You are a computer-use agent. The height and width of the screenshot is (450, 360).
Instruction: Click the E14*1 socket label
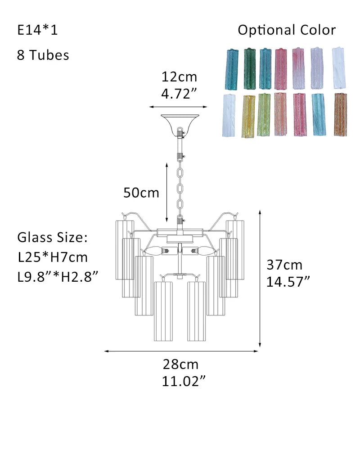coord(38,30)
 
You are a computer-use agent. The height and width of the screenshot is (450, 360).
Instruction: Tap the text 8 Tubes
coord(43,55)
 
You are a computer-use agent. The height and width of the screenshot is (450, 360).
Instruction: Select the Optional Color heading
coord(287,30)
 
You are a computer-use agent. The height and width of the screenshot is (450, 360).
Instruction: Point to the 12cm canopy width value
coord(179,77)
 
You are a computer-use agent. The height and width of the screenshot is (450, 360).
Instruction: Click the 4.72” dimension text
coord(179,94)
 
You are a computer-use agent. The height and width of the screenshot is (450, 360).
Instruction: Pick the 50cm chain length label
coord(141,193)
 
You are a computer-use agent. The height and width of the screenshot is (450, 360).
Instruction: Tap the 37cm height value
coord(284,265)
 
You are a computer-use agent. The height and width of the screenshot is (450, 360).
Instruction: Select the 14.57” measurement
coord(288,282)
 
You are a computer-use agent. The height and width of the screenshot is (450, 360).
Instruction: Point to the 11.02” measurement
coord(184,382)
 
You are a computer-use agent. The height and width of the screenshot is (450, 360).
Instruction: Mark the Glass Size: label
coord(53,237)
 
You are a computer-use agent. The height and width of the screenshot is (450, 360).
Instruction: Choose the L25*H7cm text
coord(53,257)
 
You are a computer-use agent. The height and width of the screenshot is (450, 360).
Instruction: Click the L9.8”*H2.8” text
coord(58,277)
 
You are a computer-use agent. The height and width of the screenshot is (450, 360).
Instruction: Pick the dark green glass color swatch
coord(250,68)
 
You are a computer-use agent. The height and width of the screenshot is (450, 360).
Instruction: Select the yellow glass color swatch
coord(248,116)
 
